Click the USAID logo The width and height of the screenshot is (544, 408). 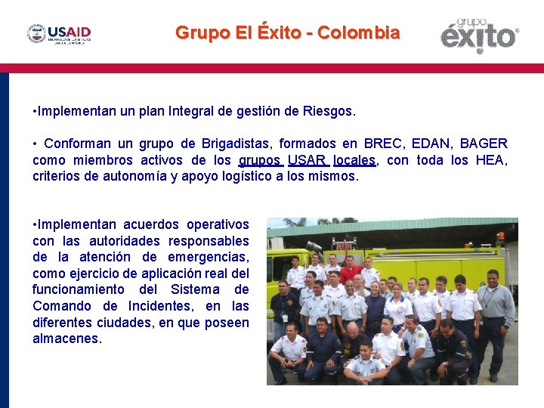[x=60, y=34]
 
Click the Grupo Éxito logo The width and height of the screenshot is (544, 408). [x=480, y=35]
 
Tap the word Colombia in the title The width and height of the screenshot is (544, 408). [x=359, y=33]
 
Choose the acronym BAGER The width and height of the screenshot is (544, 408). [x=484, y=144]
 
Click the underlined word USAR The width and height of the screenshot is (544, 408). [x=307, y=159]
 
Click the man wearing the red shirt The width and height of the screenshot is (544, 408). [x=350, y=270]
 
